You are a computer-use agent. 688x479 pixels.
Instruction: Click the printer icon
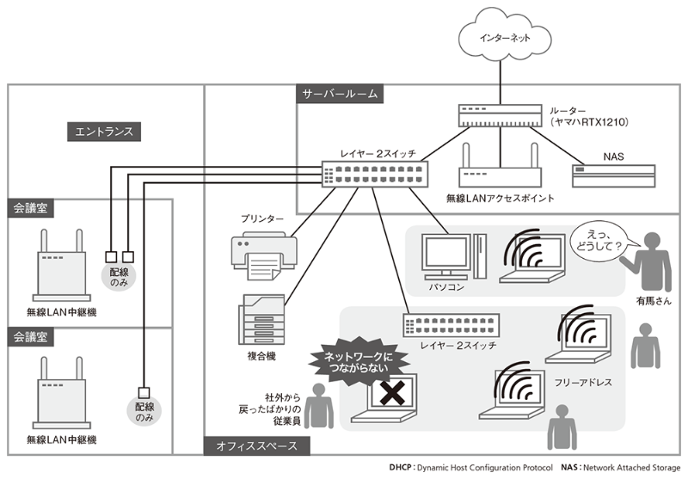click(264, 253)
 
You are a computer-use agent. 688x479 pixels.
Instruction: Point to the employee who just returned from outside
click(320, 404)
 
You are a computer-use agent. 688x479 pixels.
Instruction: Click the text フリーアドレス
click(584, 381)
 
